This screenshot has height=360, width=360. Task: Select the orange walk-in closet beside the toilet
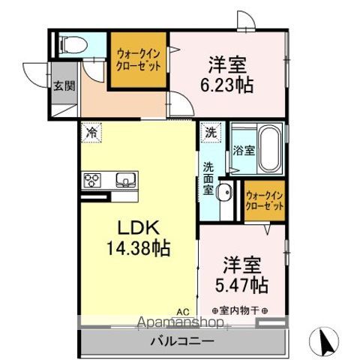coord(139,59)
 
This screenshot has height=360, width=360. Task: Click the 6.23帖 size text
coord(226,84)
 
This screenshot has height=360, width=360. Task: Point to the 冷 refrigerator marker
coord(91,131)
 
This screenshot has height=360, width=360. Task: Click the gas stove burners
coord(92,179)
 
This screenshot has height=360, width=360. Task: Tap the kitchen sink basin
coord(124,179)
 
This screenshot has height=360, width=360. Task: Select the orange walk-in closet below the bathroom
coord(263,201)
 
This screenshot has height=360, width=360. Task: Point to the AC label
coord(182,310)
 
